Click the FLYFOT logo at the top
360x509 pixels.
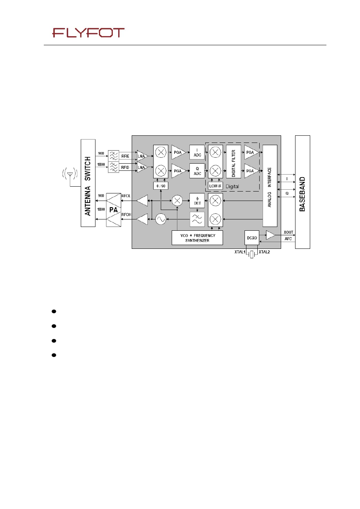click(88, 33)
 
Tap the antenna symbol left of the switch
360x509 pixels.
click(70, 174)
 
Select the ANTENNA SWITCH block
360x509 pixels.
click(88, 183)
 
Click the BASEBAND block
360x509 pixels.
click(302, 192)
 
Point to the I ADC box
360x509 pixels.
click(197, 152)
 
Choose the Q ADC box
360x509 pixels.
click(197, 171)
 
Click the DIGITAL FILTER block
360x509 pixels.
click(234, 162)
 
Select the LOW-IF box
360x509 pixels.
click(215, 186)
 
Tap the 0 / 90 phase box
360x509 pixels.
click(161, 186)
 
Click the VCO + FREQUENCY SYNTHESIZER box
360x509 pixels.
click(197, 238)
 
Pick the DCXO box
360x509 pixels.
click(252, 238)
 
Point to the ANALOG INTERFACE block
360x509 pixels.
click(270, 186)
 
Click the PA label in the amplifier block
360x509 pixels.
click(113, 210)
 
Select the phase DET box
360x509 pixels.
click(197, 201)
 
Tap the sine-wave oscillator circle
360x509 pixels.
click(161, 219)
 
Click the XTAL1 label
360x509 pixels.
click(240, 252)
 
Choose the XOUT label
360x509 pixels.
click(288, 232)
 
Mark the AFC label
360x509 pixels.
click(288, 239)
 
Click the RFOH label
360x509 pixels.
click(126, 215)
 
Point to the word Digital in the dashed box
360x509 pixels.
click(232, 186)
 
